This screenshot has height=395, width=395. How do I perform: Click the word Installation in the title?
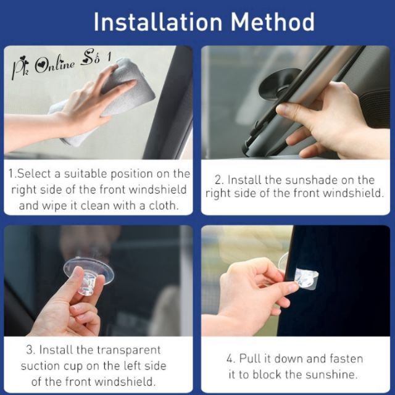tap(158, 22)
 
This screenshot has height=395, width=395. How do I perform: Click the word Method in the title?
tap(273, 22)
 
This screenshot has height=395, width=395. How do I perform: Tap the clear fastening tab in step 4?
tap(306, 278)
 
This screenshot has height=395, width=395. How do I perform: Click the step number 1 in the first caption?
tap(11, 173)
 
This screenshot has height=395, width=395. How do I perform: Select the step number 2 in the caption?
tap(218, 180)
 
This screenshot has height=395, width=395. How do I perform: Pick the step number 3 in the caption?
tap(30, 350)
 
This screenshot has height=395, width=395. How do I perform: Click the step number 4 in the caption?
tap(230, 359)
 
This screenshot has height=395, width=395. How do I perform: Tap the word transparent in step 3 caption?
tap(129, 351)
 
